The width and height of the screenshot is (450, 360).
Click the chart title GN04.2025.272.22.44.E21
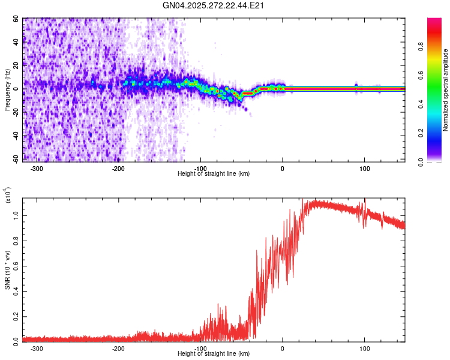point(214,5)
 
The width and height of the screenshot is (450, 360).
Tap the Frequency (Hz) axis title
point(7,90)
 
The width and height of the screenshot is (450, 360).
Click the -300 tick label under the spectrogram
point(37,169)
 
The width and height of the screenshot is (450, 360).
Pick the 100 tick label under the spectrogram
point(364,169)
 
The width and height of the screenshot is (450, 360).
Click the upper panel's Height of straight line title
point(214,174)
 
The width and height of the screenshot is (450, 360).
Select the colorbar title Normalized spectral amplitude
point(445,90)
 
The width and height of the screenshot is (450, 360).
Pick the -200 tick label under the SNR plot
point(118,348)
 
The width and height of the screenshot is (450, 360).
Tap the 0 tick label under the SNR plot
point(283,348)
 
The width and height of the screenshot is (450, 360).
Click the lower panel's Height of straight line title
point(214,354)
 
